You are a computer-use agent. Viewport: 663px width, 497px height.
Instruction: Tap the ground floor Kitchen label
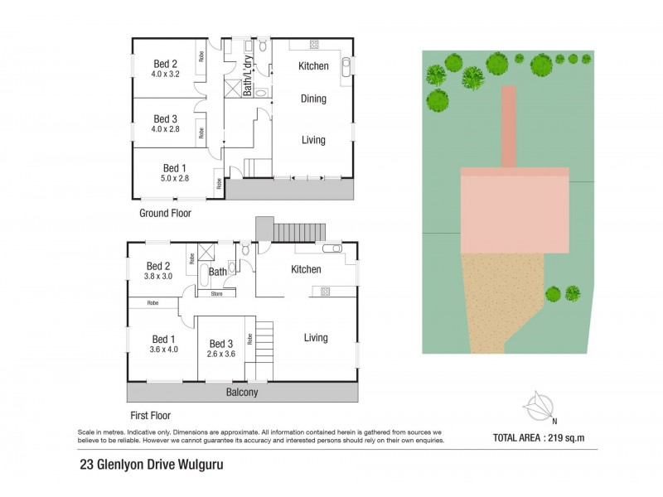313,65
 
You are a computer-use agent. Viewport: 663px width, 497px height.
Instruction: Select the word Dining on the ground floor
312,99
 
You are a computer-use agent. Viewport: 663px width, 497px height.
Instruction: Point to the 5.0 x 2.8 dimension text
176,178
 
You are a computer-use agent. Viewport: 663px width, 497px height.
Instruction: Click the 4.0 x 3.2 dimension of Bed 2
165,75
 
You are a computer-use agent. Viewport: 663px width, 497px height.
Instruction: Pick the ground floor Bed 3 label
165,118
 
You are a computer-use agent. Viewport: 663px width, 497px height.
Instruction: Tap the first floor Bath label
218,272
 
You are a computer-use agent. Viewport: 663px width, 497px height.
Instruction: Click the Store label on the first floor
217,293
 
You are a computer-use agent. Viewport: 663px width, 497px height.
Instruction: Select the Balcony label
243,393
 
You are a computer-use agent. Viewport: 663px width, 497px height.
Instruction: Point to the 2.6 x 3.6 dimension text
222,355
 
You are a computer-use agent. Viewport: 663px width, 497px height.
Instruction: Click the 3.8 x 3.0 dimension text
157,276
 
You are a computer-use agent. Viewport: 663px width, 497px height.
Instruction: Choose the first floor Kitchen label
306,269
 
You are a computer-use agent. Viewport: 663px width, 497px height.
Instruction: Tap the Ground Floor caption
165,213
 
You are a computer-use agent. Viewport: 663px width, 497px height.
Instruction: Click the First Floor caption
149,416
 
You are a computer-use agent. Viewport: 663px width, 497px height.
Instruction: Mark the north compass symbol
540,407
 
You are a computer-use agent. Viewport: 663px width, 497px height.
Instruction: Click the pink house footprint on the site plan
515,211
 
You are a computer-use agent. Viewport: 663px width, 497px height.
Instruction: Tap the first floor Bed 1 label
163,339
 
